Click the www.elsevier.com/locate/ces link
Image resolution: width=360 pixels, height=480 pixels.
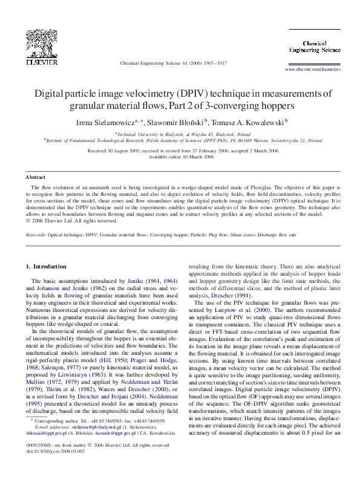312,70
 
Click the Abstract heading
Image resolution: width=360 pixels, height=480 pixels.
35,177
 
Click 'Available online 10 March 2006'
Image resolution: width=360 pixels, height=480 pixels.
181,157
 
